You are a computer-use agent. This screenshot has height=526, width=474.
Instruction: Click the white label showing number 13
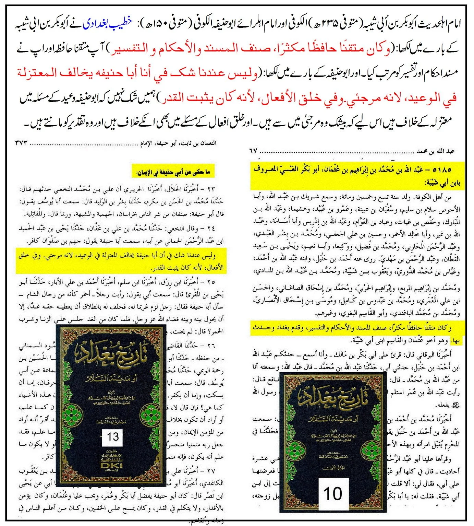coord(113,436)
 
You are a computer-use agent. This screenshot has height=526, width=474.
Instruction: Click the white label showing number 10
coord(332,494)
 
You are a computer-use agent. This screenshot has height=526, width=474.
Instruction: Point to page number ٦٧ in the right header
coord(254,151)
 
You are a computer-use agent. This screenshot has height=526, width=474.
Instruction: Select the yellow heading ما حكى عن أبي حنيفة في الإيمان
coord(173,172)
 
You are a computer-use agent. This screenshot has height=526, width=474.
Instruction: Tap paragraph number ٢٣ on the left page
coord(218,189)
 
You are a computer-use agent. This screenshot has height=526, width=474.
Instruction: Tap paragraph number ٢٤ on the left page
coord(218,227)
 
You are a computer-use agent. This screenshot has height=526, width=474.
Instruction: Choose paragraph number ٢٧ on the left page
coord(218,471)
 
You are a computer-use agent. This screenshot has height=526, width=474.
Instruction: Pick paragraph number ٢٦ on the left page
coord(218,345)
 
